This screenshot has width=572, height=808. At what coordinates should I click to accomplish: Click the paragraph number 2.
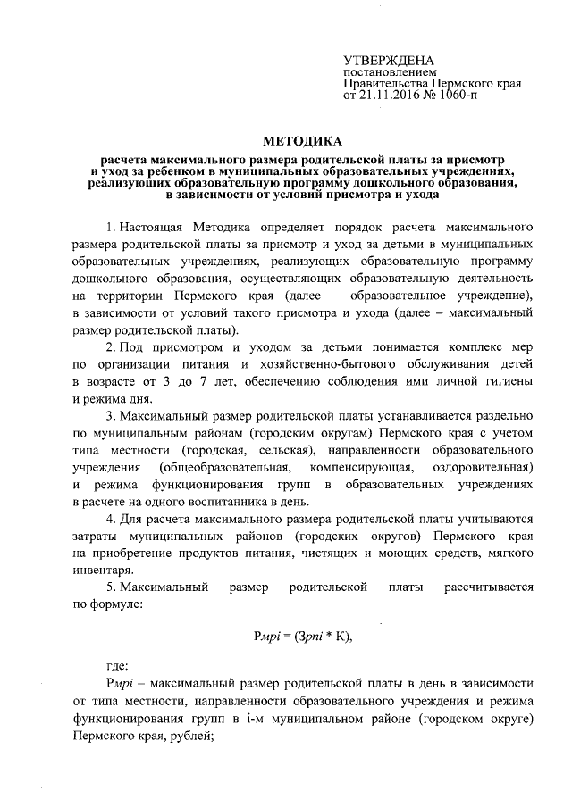tap(111, 346)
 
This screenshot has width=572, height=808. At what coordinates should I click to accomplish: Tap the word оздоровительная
tap(483, 467)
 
